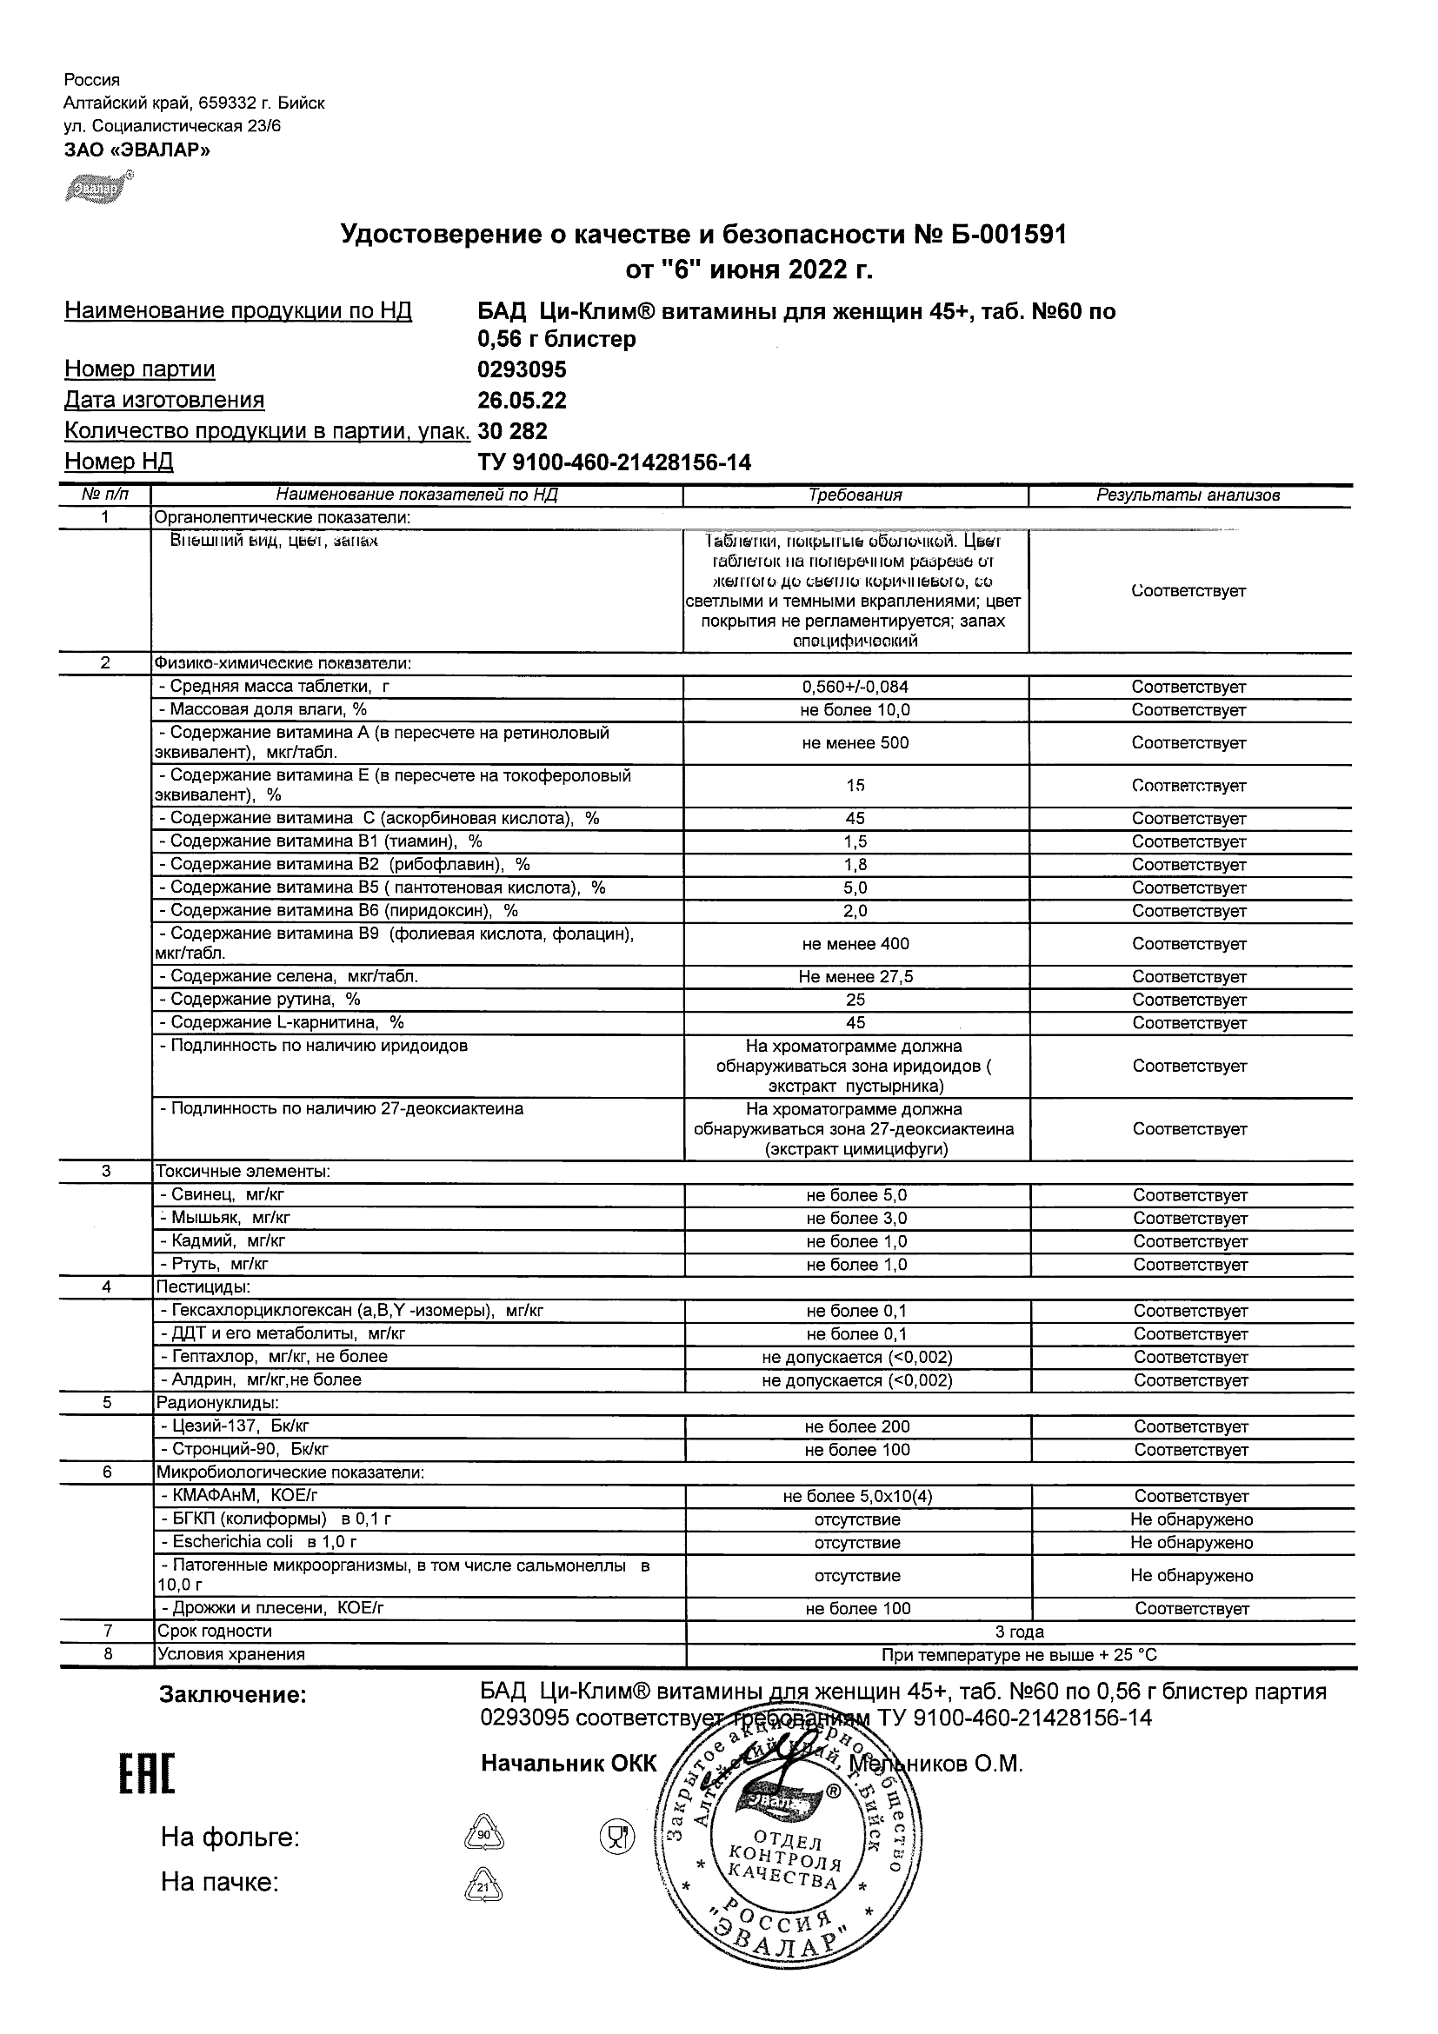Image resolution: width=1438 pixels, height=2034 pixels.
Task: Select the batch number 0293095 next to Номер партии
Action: [522, 369]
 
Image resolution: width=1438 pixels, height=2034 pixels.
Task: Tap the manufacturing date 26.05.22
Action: [522, 401]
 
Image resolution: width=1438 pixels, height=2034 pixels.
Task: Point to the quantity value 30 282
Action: [512, 431]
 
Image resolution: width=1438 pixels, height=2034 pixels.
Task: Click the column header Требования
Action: [855, 496]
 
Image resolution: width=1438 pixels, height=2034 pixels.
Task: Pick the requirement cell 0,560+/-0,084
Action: [855, 687]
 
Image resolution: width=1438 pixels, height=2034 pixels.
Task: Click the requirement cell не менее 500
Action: [855, 743]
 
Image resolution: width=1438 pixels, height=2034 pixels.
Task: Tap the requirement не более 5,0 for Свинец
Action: [855, 1195]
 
